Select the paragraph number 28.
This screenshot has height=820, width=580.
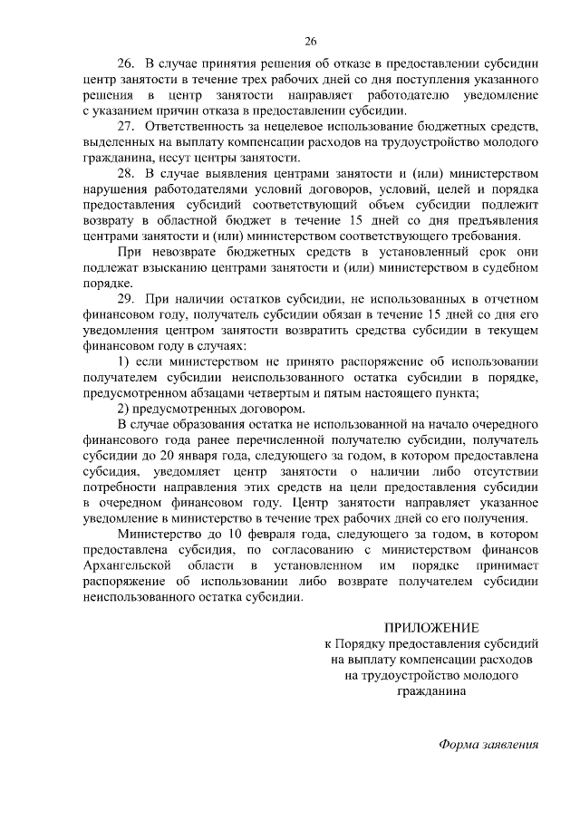coord(127,173)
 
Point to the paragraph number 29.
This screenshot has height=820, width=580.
coord(127,298)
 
